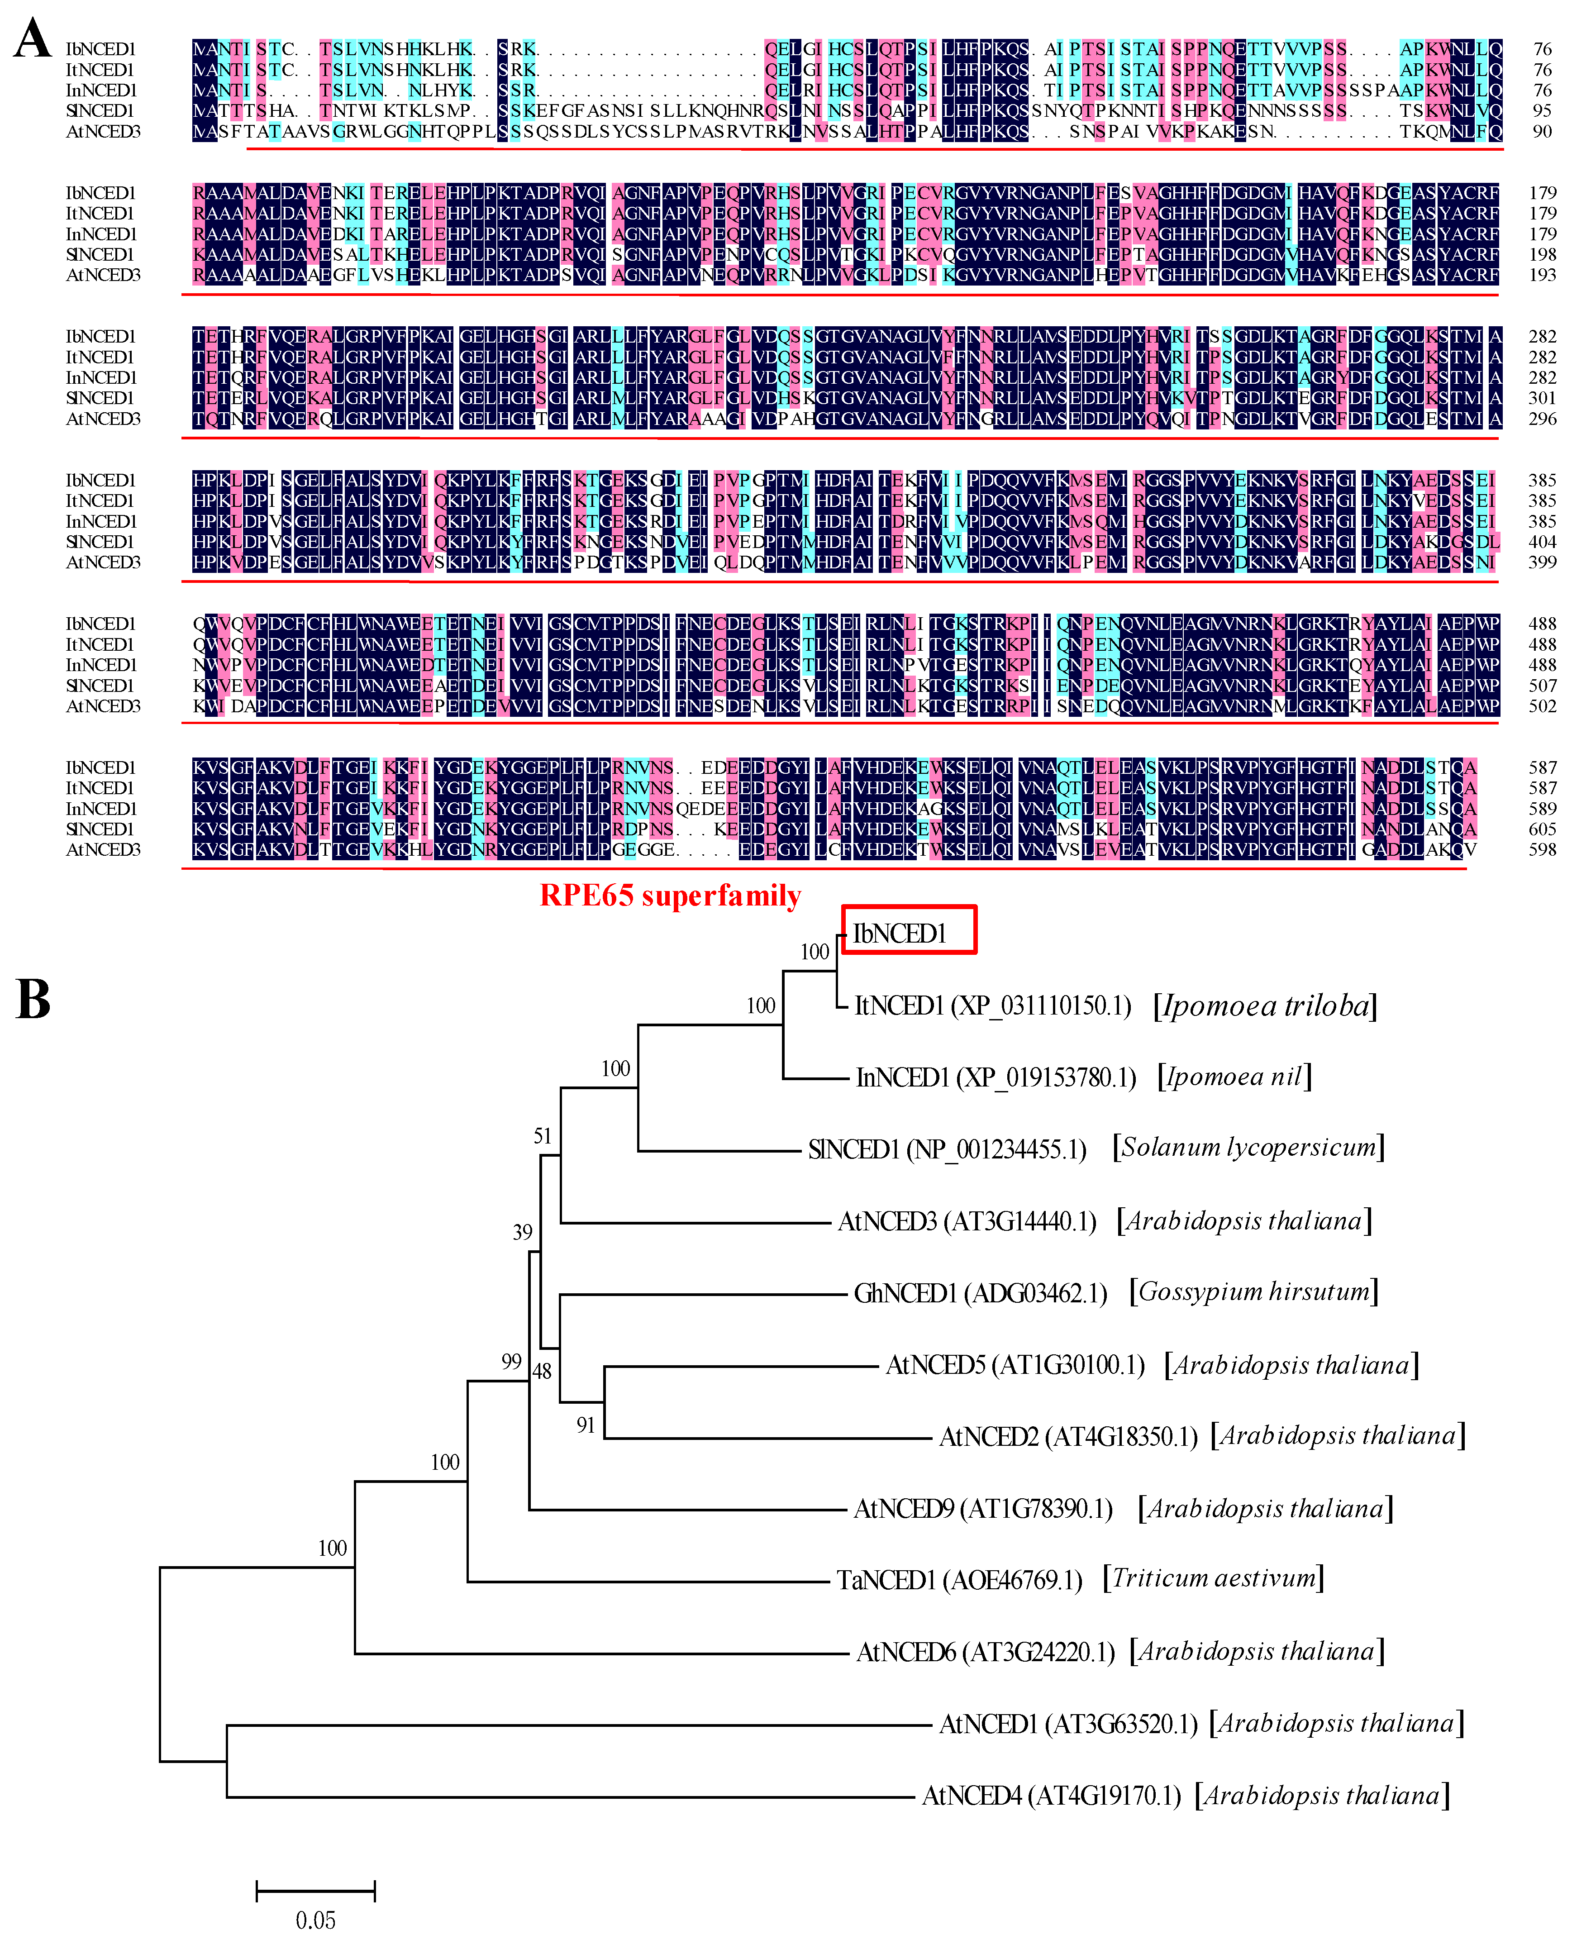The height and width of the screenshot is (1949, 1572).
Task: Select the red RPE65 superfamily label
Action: point(670,896)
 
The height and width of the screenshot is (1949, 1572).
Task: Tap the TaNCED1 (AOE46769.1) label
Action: point(959,1580)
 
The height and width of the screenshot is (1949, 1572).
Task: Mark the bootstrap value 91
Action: point(586,1425)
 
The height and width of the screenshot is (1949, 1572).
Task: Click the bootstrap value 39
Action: point(523,1232)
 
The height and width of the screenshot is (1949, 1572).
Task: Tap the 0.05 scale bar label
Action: point(315,1919)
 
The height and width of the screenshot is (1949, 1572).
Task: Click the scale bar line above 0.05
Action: point(315,1890)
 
